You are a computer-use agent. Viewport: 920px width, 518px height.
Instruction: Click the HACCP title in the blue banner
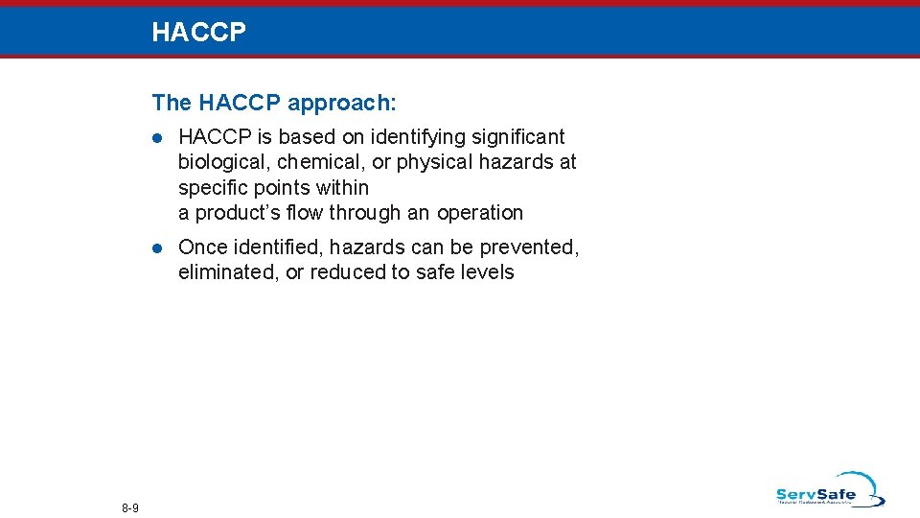pos(198,33)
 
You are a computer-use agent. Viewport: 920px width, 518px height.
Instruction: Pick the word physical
pos(434,162)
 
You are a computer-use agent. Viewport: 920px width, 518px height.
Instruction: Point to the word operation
pos(480,213)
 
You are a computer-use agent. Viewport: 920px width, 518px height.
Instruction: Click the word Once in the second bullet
pos(201,247)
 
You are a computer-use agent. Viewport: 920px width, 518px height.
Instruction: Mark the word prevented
pos(531,247)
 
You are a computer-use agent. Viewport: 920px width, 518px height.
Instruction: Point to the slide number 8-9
pos(130,507)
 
